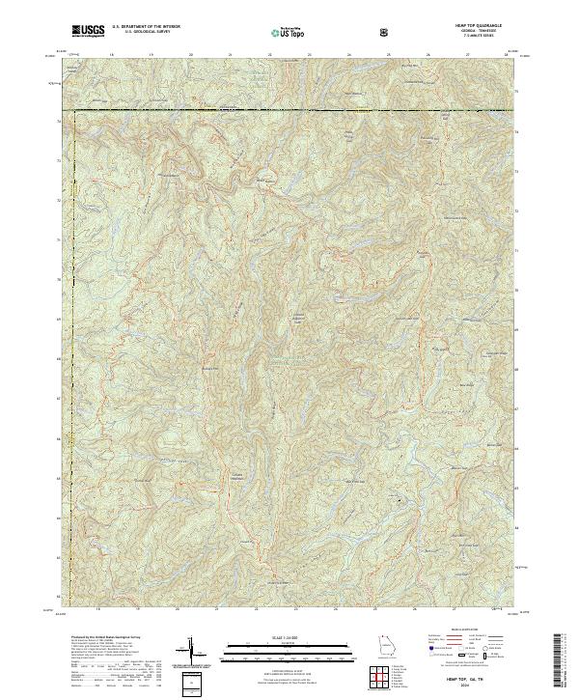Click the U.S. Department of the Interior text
pos(146,28)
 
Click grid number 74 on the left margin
pos(60,121)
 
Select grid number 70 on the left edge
pos(60,279)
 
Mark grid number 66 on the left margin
pos(60,437)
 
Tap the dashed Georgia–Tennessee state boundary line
pos(289,111)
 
